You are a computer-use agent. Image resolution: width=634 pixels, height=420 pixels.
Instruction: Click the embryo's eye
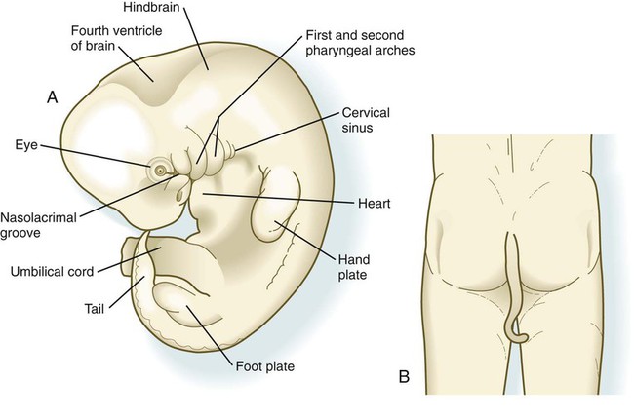(160, 171)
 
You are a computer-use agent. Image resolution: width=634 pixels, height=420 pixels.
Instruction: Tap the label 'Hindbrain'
(151, 8)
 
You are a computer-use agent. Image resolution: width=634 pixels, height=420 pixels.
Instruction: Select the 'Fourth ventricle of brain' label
(116, 38)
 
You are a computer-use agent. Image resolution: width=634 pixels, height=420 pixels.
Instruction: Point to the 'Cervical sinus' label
(366, 120)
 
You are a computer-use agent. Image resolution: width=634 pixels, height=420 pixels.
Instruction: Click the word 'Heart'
(374, 203)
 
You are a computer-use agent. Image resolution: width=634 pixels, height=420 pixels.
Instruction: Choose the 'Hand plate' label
(353, 267)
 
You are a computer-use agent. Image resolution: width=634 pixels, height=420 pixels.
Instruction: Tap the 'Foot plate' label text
(265, 366)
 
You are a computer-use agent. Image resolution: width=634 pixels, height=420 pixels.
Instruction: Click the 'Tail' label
(95, 309)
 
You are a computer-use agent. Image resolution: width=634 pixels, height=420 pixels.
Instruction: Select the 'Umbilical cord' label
(52, 271)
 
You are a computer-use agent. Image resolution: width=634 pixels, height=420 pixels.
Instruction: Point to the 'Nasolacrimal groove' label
(38, 225)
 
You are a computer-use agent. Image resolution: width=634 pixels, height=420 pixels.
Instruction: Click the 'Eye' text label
(26, 145)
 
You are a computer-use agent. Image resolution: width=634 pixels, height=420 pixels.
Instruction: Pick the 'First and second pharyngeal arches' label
(360, 43)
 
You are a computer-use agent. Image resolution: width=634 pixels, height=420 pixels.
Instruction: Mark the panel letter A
(52, 97)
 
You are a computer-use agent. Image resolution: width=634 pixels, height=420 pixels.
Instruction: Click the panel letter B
(404, 377)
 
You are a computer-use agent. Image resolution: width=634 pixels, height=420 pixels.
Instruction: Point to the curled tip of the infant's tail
(521, 338)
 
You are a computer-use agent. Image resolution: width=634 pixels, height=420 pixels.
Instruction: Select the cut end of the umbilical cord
(129, 257)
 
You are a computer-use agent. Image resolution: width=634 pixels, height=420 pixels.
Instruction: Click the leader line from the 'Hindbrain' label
(197, 39)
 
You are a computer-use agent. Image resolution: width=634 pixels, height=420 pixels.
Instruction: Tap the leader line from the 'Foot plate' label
(210, 334)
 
